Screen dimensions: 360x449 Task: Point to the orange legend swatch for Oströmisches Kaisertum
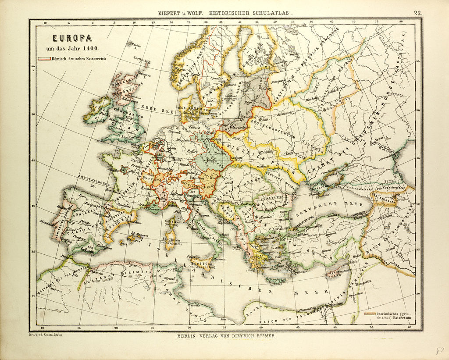coord(370,314)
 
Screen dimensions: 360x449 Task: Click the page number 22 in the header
coord(418,13)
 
